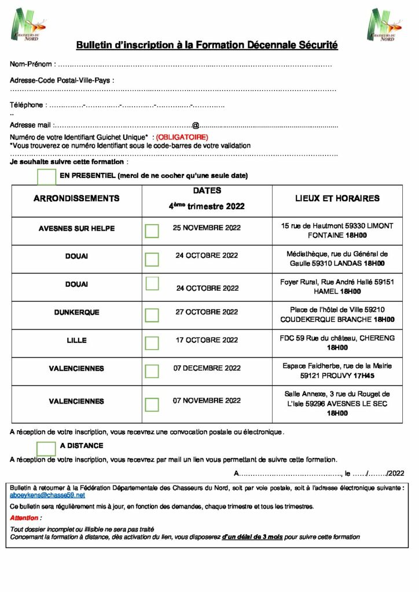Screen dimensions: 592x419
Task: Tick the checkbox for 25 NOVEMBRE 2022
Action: [x=152, y=231]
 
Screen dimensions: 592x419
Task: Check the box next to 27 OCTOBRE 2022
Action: [x=152, y=315]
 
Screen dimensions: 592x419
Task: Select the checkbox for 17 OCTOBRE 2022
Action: [x=152, y=343]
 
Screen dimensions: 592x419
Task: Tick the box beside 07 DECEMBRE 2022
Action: [x=152, y=371]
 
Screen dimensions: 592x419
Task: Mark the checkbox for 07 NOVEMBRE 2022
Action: [x=152, y=404]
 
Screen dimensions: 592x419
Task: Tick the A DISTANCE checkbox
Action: [x=46, y=449]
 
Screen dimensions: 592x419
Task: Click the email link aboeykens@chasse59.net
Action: [x=47, y=495]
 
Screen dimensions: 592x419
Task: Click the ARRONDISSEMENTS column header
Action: [x=76, y=198]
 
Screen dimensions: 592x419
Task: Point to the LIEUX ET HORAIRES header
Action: [x=337, y=198]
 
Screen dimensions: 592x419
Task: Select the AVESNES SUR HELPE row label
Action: [x=76, y=228]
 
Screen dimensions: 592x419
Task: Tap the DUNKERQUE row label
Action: [x=76, y=312]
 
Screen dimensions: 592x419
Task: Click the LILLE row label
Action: [x=76, y=341]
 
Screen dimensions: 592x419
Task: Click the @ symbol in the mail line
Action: [x=196, y=125]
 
